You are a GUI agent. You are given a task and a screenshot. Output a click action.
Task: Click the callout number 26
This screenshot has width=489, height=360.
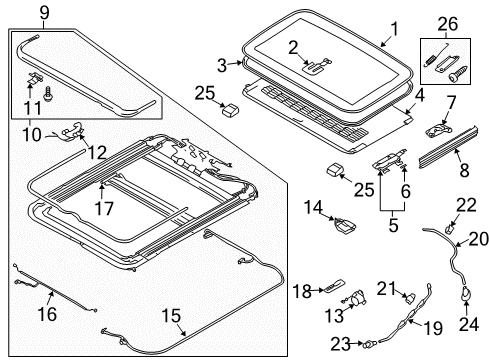coord(448,24)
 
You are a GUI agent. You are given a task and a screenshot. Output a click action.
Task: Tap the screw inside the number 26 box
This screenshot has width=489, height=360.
coord(456,74)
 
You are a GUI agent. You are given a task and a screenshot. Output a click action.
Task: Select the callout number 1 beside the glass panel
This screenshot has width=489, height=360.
coord(394,29)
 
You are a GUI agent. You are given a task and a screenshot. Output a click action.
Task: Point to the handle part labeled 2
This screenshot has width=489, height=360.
coord(317,65)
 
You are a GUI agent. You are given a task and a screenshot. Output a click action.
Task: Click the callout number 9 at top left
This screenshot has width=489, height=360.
coord(44,13)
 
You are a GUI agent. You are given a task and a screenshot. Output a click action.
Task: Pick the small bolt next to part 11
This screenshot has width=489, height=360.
coord(48,94)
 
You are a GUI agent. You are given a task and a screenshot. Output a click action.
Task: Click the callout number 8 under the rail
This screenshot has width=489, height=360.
coord(465,169)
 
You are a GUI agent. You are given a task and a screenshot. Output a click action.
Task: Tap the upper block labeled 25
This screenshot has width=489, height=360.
coord(230,109)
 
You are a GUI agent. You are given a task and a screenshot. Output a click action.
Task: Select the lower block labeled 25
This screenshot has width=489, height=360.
coord(334,169)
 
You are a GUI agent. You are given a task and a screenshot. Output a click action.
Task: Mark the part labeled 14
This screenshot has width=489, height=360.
coord(344,225)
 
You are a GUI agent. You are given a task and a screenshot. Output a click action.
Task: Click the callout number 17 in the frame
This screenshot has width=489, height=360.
coord(104,209)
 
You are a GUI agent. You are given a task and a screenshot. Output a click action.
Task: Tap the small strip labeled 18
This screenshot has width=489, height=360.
coord(334,286)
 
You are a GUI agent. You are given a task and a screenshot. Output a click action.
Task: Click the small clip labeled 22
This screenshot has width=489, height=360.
coord(449,229)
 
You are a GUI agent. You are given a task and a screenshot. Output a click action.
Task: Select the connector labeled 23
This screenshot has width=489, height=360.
coord(369,343)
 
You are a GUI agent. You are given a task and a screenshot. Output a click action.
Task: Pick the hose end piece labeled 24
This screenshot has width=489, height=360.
coord(466,293)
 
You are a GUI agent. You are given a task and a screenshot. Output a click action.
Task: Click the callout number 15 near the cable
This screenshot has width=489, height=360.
coord(172,316)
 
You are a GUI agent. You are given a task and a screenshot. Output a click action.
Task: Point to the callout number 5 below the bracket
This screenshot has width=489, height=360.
coord(393,225)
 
